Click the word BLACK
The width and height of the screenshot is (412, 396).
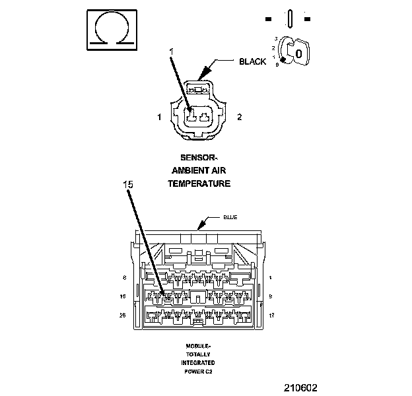tap(252, 61)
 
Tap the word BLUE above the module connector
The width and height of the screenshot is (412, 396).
tap(230, 217)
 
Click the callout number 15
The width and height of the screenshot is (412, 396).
tap(129, 185)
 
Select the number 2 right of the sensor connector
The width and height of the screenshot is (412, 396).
tap(239, 117)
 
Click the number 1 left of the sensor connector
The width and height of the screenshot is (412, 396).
tap(159, 117)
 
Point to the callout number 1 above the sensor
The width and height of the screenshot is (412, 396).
tap(171, 51)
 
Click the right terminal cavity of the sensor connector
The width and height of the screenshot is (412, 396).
tap(207, 119)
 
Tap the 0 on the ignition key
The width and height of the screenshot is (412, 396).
tap(298, 53)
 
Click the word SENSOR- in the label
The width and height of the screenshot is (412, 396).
tap(199, 158)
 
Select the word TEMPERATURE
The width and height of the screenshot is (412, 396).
tap(199, 183)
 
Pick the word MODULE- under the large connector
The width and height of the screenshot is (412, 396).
tap(198, 346)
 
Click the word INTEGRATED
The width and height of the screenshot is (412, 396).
tap(198, 363)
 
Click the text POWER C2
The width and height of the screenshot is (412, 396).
tap(198, 372)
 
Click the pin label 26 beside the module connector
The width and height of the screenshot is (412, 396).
tap(123, 315)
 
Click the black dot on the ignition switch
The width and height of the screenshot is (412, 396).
tap(283, 62)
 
